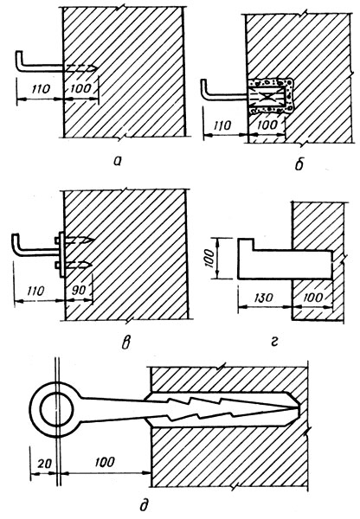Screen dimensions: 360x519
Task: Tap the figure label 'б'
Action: click(x=299, y=163)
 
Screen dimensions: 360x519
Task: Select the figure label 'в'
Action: click(x=125, y=343)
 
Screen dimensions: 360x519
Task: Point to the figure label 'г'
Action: click(x=273, y=342)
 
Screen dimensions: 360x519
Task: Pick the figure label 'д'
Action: click(x=144, y=505)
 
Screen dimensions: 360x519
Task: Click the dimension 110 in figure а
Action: click(x=41, y=89)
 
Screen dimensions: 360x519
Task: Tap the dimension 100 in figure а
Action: click(x=80, y=88)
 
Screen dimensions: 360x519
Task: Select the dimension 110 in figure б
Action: click(x=222, y=125)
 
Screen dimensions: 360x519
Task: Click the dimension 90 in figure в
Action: click(x=79, y=291)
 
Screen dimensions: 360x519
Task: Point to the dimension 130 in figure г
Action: click(x=264, y=298)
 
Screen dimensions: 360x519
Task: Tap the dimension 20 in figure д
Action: click(x=44, y=464)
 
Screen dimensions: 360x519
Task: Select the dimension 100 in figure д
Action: click(x=105, y=462)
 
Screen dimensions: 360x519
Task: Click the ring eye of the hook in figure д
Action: click(x=55, y=410)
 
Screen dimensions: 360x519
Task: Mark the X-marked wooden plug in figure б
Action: click(x=267, y=97)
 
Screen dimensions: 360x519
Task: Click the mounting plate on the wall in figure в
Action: click(x=61, y=254)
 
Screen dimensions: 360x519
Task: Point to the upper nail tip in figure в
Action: click(x=94, y=240)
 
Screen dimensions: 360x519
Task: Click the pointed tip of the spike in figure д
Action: click(x=299, y=409)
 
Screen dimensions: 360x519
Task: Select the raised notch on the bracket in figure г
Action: click(x=246, y=244)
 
